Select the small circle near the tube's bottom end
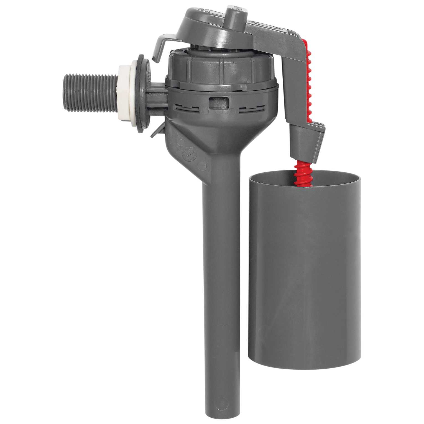coord(221,400)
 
